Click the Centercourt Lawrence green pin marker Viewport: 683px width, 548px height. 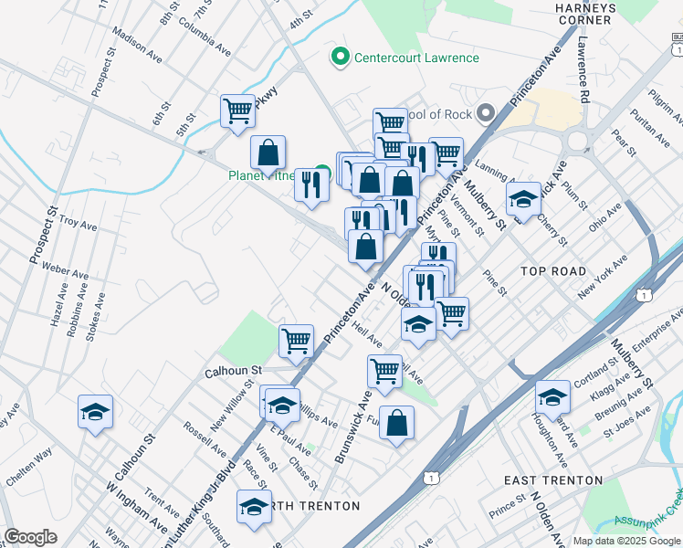[341, 58]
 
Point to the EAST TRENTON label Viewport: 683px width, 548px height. [552, 480]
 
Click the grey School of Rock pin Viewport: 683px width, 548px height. [486, 113]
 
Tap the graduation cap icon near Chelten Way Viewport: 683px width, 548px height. [95, 413]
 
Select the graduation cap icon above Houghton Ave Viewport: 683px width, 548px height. [552, 398]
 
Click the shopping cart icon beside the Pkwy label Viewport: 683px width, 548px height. [237, 112]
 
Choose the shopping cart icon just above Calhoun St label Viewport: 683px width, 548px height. [296, 341]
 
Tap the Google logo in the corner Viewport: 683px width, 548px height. [31, 537]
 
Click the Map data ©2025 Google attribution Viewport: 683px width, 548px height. [625, 541]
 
